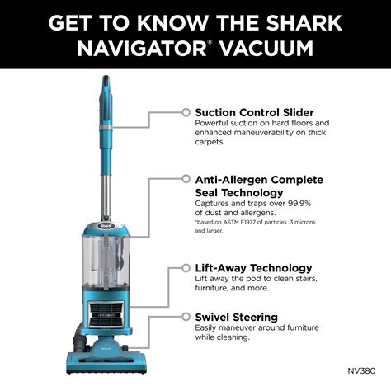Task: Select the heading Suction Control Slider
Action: pyautogui.click(x=253, y=112)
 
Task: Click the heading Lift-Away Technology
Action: pyautogui.click(x=253, y=268)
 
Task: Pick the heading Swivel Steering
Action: pyautogui.click(x=237, y=317)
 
